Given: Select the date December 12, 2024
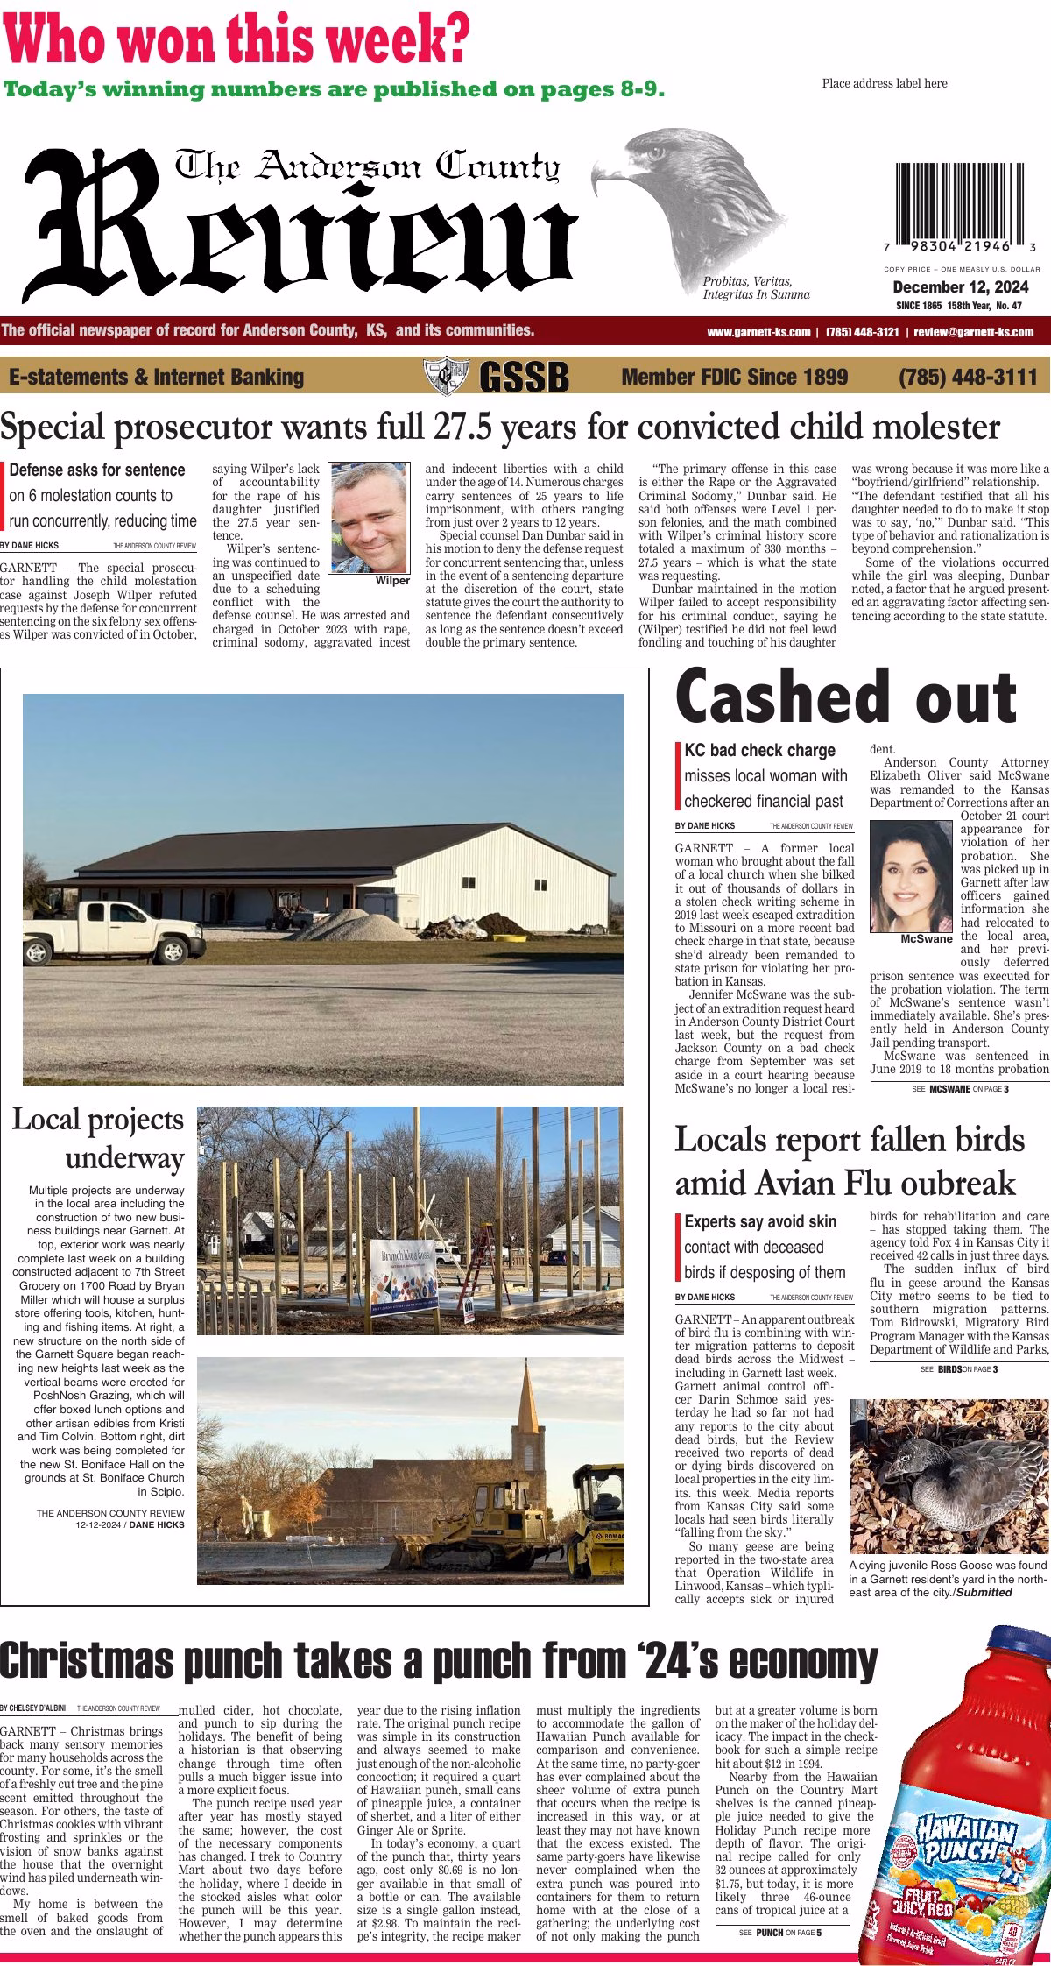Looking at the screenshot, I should pos(961,287).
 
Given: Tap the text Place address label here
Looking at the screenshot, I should pos(885,83).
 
